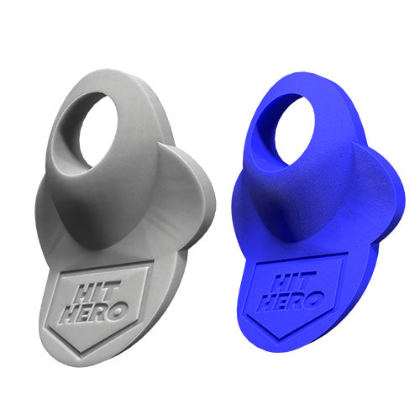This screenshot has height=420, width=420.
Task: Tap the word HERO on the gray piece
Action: click(x=95, y=312)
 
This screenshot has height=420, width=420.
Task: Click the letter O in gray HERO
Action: click(x=118, y=310)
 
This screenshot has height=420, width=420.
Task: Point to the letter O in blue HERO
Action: click(x=315, y=298)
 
